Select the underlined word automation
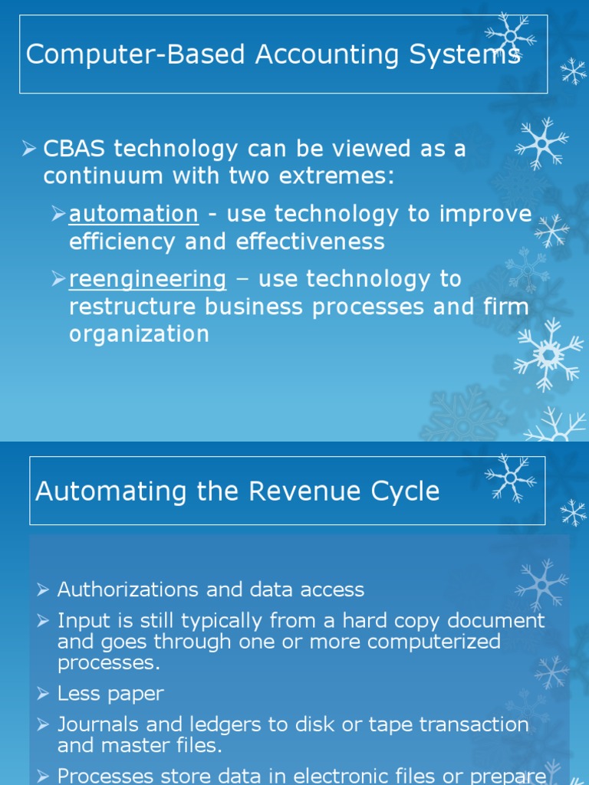133,214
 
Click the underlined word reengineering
147,279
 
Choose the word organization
139,334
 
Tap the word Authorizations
127,590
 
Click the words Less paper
110,694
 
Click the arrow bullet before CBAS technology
30,148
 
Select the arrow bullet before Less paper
44,694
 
